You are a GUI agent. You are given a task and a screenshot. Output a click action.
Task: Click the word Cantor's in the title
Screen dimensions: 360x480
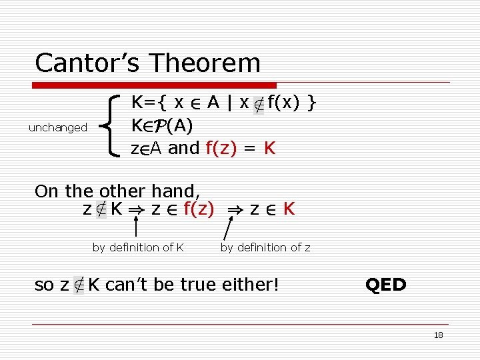[x=88, y=63]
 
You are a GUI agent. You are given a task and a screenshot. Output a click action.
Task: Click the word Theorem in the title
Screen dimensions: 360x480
[x=205, y=63]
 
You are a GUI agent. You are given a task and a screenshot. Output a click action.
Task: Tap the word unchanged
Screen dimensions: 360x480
[x=58, y=127]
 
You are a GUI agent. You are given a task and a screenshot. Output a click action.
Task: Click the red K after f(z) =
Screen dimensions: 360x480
[x=269, y=147]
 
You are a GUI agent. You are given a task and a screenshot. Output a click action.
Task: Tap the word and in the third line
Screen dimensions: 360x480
[x=184, y=147]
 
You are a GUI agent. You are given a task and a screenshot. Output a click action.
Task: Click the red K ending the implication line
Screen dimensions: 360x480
[x=289, y=209]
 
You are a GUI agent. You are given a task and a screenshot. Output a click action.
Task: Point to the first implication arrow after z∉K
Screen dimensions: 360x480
[x=137, y=210]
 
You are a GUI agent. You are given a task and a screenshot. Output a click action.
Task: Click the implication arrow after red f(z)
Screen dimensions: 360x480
[x=234, y=210]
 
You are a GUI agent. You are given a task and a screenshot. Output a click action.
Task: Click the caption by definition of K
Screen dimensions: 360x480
[x=138, y=247]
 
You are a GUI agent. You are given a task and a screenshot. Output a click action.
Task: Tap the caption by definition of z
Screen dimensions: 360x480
[x=265, y=247]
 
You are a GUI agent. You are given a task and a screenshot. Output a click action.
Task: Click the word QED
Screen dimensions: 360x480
[x=385, y=285]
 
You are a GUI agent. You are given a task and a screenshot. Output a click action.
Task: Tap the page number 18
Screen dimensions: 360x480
[x=438, y=335]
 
